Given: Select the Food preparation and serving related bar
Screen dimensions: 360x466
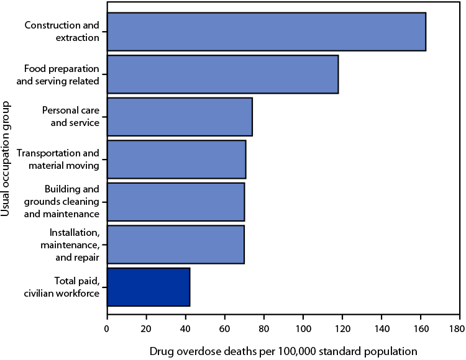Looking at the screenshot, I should click(222, 74).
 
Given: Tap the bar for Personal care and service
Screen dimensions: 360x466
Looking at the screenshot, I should click(180, 117).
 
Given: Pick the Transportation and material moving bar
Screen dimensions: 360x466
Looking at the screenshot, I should click(176, 160).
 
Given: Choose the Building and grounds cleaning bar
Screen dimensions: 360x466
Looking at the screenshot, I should click(176, 202).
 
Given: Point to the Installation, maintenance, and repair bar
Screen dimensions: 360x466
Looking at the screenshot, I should click(176, 245).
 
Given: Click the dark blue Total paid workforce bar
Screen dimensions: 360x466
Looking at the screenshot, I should click(148, 287).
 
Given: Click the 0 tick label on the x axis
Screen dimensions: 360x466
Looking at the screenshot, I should click(107, 327).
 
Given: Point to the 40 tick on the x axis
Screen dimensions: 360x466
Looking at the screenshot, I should click(185, 327).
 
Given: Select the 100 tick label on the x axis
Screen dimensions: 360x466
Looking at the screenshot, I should click(303, 327).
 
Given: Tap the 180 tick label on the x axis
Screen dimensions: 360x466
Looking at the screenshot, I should click(459, 327).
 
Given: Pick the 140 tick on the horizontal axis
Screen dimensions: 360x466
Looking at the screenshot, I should click(381, 327).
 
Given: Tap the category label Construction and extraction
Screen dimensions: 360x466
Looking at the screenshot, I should click(62, 32).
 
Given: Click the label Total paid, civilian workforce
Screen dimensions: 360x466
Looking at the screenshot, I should click(68, 287).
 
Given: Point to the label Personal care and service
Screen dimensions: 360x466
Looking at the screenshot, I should click(70, 117).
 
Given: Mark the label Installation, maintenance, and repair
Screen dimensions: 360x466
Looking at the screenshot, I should click(73, 245).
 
